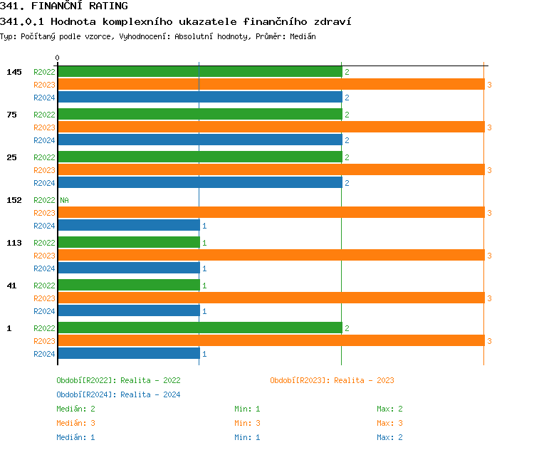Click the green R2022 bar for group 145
(x=199, y=72)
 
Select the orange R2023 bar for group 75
(x=271, y=127)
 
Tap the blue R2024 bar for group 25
(x=199, y=183)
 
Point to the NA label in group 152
(x=64, y=200)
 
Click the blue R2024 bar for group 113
(x=128, y=268)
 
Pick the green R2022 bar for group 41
(x=128, y=286)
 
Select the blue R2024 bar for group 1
(x=128, y=354)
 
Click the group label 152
(x=14, y=200)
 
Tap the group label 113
(x=14, y=243)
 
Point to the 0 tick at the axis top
(x=58, y=58)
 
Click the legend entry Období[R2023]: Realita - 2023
(x=332, y=380)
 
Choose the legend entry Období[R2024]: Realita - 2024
(x=118, y=394)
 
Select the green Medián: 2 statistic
(x=75, y=409)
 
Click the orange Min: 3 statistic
(x=247, y=423)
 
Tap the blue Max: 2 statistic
(x=389, y=437)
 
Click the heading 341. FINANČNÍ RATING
(x=64, y=6)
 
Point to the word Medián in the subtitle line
(x=302, y=36)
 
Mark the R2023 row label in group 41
(x=44, y=298)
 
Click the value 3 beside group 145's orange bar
(x=489, y=85)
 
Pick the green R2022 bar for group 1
(x=199, y=328)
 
